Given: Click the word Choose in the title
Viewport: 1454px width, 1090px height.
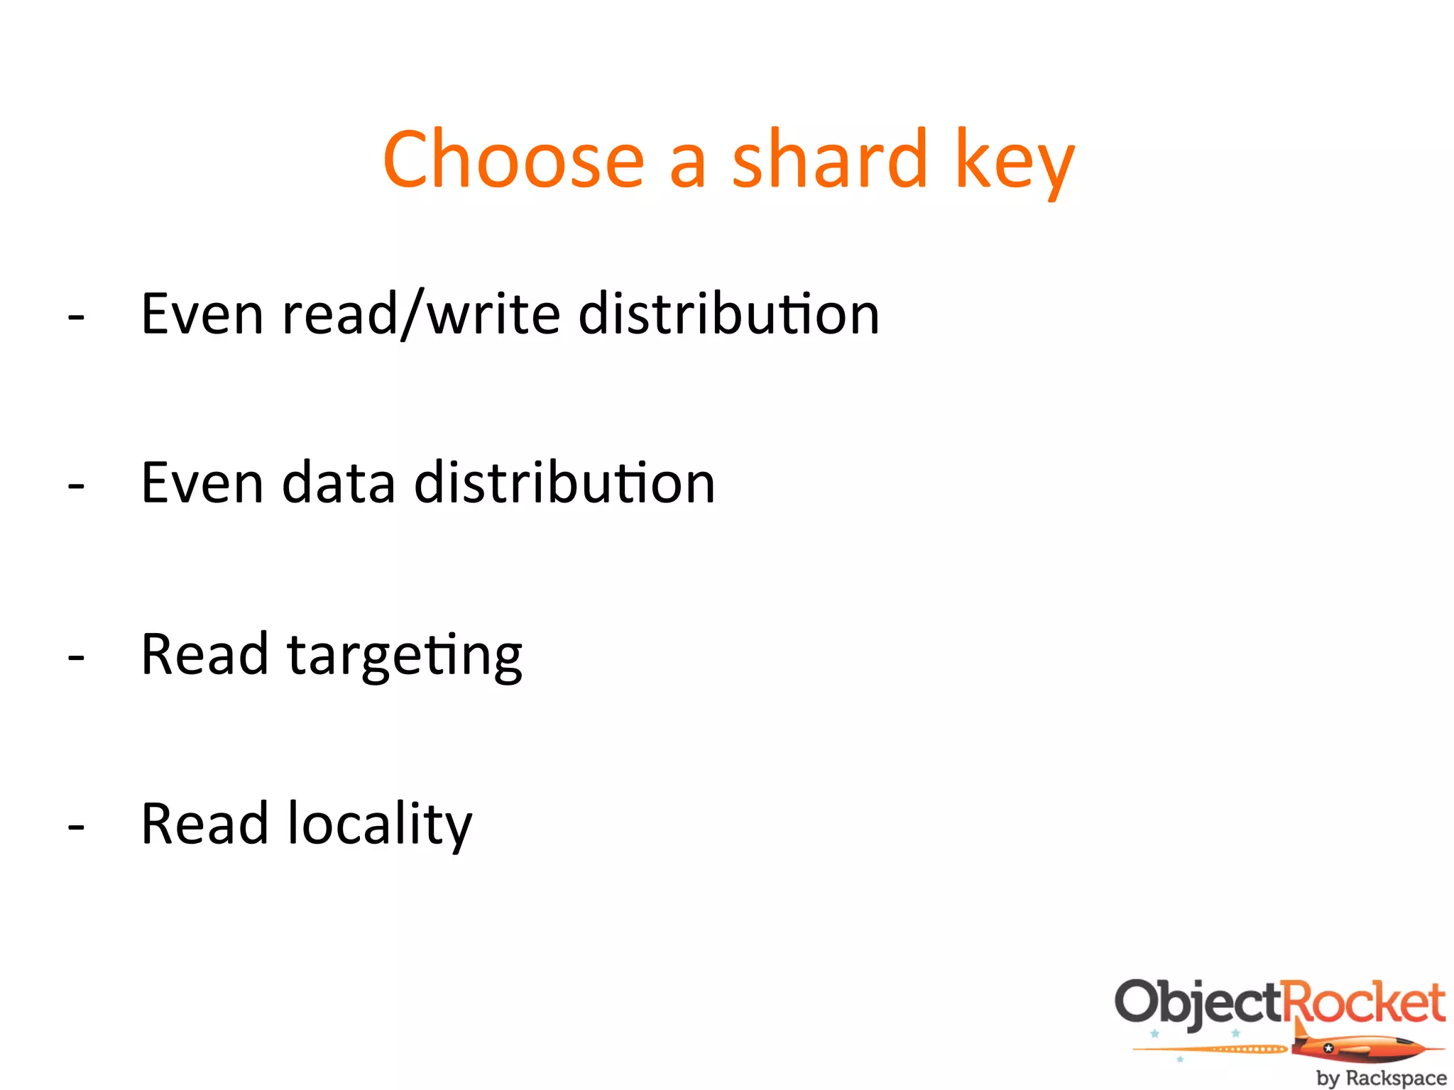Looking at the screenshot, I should click(x=513, y=160).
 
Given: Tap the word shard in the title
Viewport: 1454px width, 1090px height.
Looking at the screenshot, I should click(x=829, y=160).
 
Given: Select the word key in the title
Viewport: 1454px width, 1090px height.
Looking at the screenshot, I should click(x=1015, y=163).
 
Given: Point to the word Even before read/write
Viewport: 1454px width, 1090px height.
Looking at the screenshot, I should click(x=203, y=314).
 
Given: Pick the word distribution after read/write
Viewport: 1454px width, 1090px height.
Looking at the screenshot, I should click(x=729, y=314).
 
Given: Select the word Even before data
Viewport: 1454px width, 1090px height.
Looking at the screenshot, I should click(x=203, y=483).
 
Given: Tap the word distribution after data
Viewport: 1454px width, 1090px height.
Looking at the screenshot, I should click(x=564, y=483).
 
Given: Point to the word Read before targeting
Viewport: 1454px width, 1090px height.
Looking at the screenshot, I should click(x=204, y=654).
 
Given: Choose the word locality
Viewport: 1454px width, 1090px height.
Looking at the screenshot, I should click(x=379, y=825).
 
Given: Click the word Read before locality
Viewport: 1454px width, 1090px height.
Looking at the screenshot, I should click(x=204, y=823).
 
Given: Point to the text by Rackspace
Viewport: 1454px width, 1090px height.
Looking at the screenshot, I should click(x=1381, y=1078).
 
